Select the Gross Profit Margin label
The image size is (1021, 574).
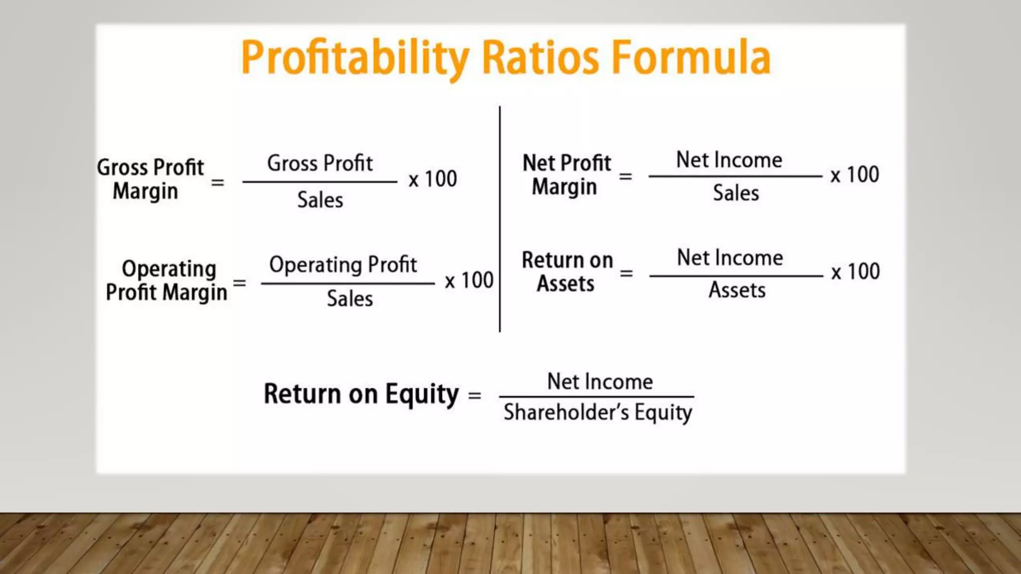(x=150, y=179)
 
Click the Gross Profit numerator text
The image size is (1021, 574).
(x=320, y=163)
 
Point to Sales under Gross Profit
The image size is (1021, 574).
(x=320, y=200)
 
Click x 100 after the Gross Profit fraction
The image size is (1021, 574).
(x=432, y=179)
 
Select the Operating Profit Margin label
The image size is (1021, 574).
(x=167, y=281)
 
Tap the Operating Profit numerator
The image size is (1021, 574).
(x=343, y=265)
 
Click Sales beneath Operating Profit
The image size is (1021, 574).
(x=349, y=299)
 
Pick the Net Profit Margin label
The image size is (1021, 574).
(x=566, y=174)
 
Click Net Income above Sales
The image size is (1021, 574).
(x=729, y=160)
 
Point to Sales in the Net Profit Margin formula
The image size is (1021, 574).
(x=735, y=193)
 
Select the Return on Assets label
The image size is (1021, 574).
(x=567, y=272)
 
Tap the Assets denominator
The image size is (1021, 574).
(x=737, y=290)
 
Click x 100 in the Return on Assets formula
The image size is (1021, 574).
(x=855, y=272)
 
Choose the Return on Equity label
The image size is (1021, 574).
(x=361, y=394)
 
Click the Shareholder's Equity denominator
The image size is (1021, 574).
(x=597, y=413)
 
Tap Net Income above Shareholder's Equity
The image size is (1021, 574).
(x=600, y=382)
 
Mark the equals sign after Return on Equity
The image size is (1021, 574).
(x=475, y=396)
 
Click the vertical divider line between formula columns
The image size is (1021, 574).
(x=500, y=219)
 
